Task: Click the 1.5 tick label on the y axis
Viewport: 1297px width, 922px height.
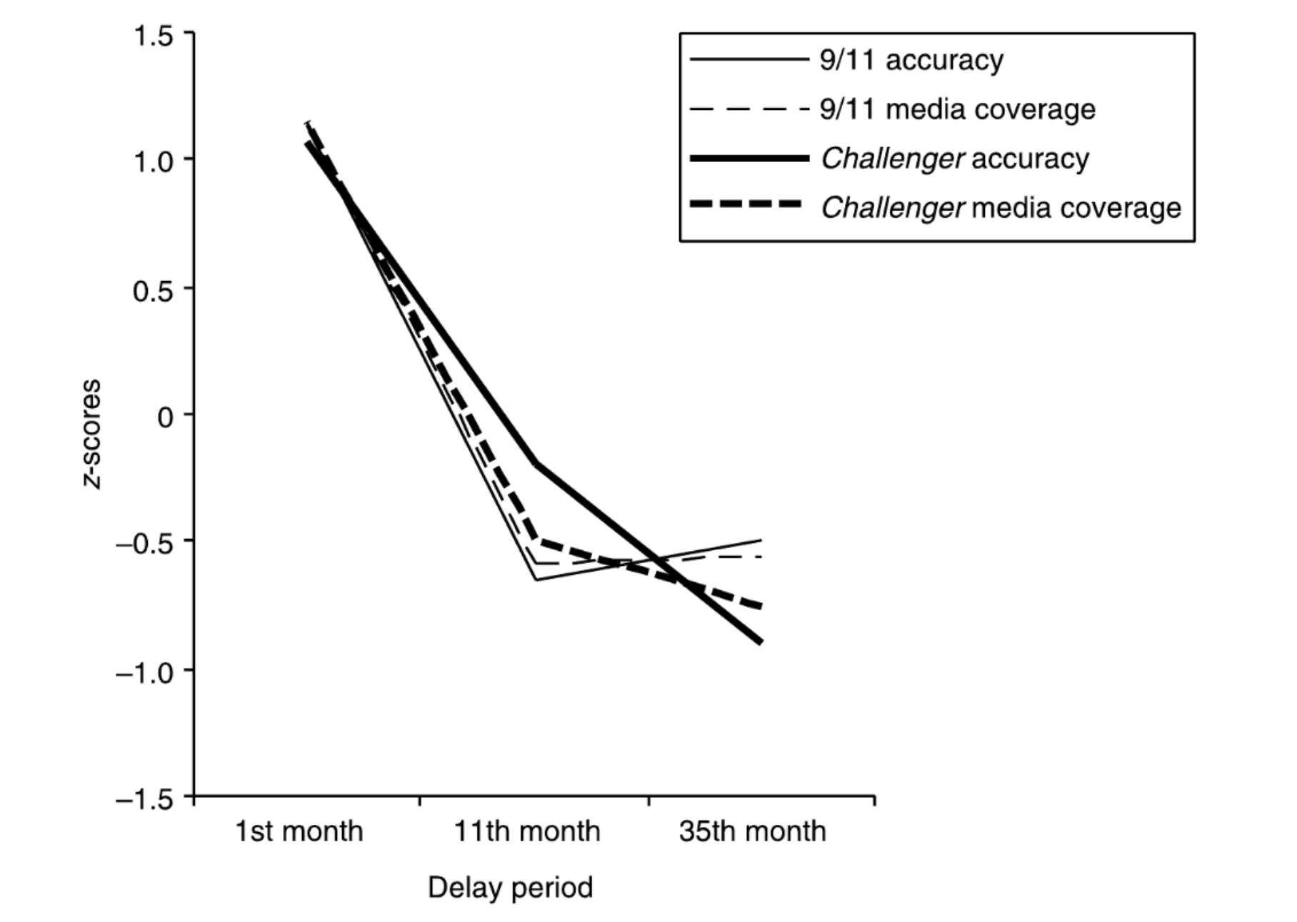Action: [153, 35]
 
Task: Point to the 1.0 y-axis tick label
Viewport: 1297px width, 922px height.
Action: [153, 161]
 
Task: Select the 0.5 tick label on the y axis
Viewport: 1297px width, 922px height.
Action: [153, 290]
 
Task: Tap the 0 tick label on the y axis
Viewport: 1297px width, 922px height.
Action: [165, 416]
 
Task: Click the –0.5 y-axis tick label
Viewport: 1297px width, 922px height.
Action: [144, 543]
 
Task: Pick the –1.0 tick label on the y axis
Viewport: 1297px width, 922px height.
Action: [144, 672]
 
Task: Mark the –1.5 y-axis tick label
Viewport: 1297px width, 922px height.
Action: [144, 798]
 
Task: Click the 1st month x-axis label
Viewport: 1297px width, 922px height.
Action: [299, 831]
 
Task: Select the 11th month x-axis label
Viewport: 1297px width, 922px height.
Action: [527, 831]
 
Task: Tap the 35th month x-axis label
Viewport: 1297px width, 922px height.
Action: [752, 831]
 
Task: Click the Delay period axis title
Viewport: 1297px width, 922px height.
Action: [510, 888]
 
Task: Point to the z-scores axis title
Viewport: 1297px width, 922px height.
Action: [92, 434]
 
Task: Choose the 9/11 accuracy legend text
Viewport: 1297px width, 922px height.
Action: [911, 60]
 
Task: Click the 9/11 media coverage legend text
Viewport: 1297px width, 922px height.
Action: [957, 109]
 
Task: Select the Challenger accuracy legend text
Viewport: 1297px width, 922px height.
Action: [955, 158]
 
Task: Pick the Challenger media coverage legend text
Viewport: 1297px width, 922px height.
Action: [1001, 208]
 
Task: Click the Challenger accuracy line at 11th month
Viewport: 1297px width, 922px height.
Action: [536, 463]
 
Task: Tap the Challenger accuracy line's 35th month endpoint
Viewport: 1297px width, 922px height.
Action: [761, 642]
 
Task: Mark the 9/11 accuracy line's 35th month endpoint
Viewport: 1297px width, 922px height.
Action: [761, 540]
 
